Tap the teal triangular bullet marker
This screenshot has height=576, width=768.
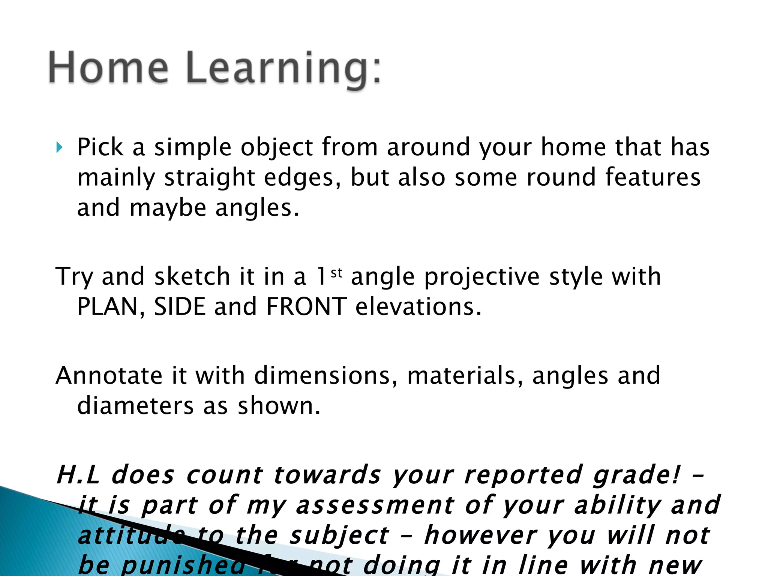(x=59, y=147)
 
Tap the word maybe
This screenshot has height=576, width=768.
(x=168, y=208)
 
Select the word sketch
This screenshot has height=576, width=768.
(x=192, y=277)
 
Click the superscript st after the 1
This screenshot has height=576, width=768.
(x=336, y=273)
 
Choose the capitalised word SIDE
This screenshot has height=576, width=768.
(x=180, y=307)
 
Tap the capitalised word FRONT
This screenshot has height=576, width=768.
(x=306, y=307)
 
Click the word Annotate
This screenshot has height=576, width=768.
(x=109, y=375)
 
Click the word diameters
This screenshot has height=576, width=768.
(x=135, y=406)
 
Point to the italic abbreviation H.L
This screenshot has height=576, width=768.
(x=78, y=475)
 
